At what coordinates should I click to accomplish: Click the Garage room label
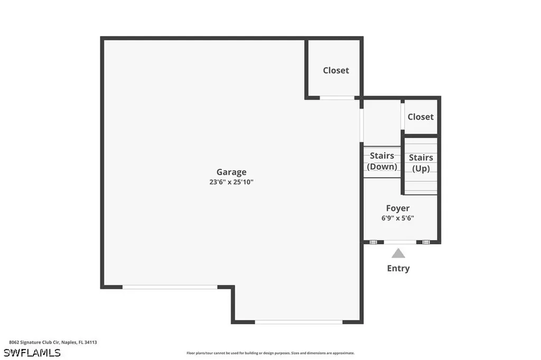[231, 172]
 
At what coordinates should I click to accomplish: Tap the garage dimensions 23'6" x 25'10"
[231, 182]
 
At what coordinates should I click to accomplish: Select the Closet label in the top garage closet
[336, 70]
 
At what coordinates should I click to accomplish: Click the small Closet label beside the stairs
[421, 117]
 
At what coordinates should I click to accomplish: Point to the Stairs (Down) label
[382, 161]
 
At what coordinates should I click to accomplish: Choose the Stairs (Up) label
[421, 163]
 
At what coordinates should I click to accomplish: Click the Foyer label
[398, 209]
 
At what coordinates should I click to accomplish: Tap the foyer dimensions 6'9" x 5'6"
[398, 218]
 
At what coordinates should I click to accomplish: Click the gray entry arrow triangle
[398, 253]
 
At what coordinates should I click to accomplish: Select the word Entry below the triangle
[398, 268]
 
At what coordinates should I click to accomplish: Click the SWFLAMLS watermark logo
[32, 352]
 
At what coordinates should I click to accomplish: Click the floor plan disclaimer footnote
[270, 353]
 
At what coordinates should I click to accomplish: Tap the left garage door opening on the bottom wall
[170, 287]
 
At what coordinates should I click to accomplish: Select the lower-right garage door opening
[299, 321]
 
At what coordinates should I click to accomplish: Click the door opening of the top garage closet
[337, 98]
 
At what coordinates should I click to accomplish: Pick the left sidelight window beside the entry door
[373, 242]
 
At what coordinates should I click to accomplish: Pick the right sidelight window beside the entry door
[426, 242]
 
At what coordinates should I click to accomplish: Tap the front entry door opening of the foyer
[399, 242]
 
